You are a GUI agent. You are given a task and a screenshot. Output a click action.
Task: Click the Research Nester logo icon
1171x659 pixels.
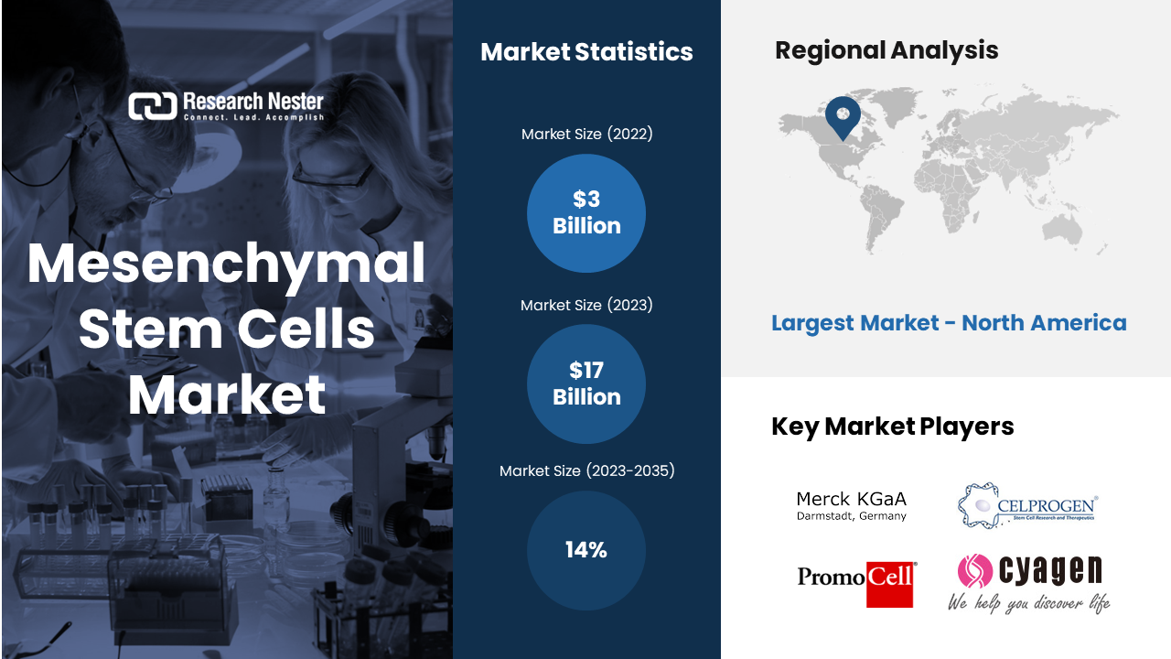coord(153,106)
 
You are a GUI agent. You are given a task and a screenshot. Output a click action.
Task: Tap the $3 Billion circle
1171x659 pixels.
coord(586,213)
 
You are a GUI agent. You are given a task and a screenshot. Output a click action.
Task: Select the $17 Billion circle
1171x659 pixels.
coord(586,384)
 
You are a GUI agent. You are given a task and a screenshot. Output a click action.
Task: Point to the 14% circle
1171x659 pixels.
coord(586,550)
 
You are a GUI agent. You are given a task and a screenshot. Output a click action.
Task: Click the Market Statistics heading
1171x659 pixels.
coord(586,52)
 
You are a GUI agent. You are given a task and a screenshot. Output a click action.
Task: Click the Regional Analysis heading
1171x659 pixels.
coord(886,50)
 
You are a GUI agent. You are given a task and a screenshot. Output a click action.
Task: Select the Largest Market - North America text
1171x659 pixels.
coord(949,323)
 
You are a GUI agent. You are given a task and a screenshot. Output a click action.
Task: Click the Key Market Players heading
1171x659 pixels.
coord(892,427)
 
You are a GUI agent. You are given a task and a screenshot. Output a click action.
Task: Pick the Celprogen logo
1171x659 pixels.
coord(1027,506)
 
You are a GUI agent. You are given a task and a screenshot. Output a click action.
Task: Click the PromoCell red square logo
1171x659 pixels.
coord(890,585)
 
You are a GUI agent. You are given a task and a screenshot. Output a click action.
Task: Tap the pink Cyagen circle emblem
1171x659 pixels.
coord(975,570)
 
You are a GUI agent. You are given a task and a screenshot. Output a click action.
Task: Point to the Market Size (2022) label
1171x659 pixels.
coord(586,135)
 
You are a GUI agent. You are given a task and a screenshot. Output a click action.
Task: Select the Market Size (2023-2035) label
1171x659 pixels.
coord(586,471)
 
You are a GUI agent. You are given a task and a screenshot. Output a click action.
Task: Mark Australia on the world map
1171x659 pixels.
coord(1062,230)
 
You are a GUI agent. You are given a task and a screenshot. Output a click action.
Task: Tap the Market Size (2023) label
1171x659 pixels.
coord(586,306)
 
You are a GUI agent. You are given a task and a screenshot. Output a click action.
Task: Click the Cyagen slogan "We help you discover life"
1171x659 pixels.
coord(1029,603)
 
